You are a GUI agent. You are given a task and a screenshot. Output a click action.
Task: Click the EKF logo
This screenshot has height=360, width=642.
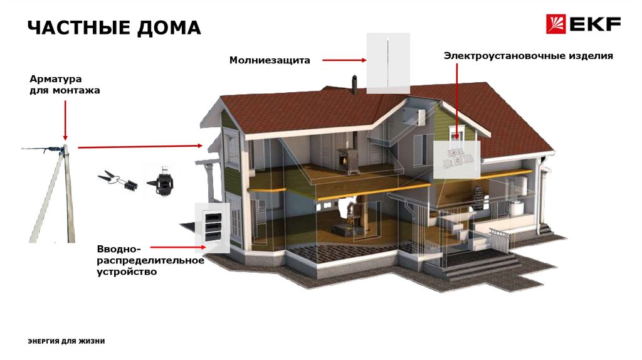(583, 24)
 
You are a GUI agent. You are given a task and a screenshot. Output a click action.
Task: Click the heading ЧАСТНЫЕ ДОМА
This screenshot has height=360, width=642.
(114, 28)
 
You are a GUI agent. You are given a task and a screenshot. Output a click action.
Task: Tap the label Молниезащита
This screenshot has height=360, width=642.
(270, 61)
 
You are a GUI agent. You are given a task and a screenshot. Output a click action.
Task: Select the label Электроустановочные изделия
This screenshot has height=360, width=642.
(528, 56)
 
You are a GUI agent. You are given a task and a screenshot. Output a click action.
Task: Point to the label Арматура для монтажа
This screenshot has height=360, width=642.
(65, 85)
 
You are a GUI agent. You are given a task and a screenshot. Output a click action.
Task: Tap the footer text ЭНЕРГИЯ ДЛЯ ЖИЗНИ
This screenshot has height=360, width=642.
(66, 341)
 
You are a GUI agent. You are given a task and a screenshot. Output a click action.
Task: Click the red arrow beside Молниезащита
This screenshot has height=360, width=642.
(344, 61)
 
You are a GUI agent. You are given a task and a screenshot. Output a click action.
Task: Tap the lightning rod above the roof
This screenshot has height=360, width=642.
(388, 63)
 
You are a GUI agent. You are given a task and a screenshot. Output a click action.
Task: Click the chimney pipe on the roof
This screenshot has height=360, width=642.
(355, 85)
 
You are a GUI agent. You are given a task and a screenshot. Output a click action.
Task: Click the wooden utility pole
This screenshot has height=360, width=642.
(53, 194)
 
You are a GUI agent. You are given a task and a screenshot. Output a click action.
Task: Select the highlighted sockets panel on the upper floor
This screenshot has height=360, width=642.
(456, 159)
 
